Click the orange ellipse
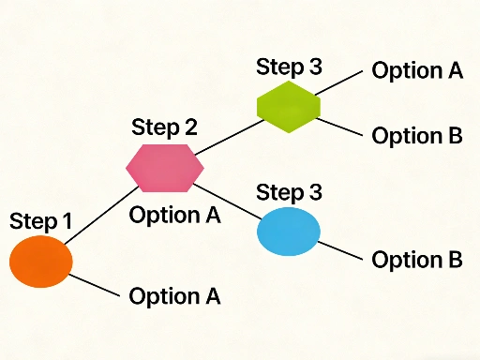(40, 262)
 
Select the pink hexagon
(165, 165)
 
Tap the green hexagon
(289, 106)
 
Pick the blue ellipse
(289, 232)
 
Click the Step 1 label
(40, 221)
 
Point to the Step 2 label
(165, 127)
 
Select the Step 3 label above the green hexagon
(289, 67)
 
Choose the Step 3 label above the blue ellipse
(289, 193)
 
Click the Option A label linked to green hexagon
(417, 71)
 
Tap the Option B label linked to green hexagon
(417, 135)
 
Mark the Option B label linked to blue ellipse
(417, 260)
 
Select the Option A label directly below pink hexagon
(174, 215)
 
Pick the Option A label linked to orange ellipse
(174, 296)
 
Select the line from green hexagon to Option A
(339, 82)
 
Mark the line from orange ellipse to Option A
(94, 284)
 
